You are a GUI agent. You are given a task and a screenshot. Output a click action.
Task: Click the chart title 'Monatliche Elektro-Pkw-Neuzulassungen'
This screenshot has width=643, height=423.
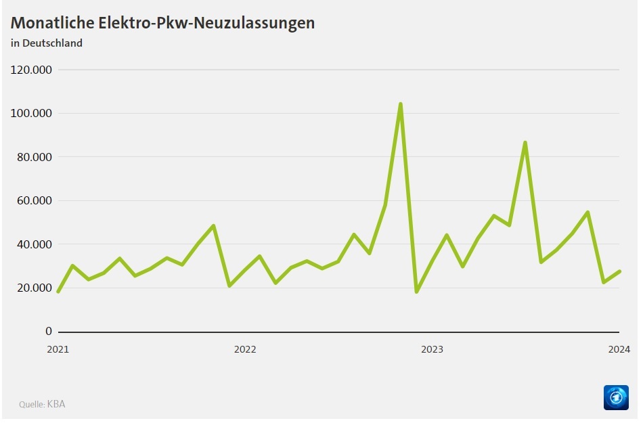click(x=162, y=22)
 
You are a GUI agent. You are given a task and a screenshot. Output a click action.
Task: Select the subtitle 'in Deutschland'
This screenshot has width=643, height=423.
click(x=46, y=43)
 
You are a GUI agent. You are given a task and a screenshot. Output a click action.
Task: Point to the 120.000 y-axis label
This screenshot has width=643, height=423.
click(x=30, y=70)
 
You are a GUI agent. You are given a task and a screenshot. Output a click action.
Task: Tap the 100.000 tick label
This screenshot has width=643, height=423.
click(x=30, y=113)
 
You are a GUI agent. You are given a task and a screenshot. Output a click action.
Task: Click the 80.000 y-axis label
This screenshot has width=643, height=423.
click(x=33, y=157)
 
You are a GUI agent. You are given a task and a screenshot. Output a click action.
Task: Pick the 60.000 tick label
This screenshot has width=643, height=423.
click(x=33, y=200)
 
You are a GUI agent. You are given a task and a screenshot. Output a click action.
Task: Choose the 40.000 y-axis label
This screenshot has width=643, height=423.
click(x=33, y=244)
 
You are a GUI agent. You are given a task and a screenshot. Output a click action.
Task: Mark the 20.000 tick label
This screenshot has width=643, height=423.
click(x=33, y=288)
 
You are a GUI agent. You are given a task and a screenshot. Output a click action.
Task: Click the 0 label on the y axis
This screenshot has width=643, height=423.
click(x=48, y=332)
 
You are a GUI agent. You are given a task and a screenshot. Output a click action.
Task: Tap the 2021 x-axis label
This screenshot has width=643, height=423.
click(x=58, y=349)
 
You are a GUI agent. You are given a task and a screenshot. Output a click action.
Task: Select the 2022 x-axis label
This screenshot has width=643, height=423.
click(x=245, y=349)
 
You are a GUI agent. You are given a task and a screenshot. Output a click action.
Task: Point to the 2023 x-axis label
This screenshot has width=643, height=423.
click(x=432, y=349)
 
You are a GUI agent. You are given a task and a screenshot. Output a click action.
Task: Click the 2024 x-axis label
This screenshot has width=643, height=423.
click(x=619, y=349)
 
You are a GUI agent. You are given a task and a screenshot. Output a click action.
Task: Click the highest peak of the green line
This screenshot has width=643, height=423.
click(x=401, y=104)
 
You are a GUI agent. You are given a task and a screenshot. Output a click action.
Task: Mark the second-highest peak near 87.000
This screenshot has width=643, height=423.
click(x=525, y=143)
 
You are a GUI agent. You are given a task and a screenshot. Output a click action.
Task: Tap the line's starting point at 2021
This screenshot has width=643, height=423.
click(x=58, y=292)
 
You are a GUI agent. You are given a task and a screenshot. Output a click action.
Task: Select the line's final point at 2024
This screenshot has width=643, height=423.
click(x=619, y=271)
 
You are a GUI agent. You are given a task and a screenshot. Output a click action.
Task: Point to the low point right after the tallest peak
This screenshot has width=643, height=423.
click(x=416, y=292)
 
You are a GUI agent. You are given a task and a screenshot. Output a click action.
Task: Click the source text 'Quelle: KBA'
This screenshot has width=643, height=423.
click(x=42, y=404)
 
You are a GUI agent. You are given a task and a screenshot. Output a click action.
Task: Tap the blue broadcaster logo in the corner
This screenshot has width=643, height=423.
click(x=616, y=397)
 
